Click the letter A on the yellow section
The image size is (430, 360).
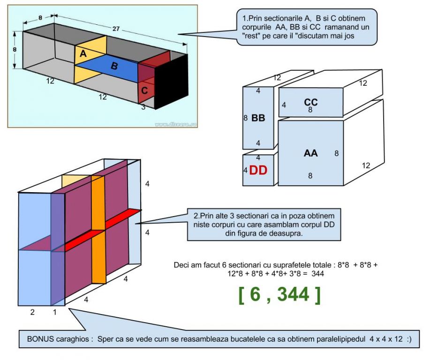[83, 54]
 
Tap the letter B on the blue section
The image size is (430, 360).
[114, 66]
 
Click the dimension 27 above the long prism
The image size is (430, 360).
[115, 29]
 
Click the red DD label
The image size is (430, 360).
[258, 171]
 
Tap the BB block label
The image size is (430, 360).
[258, 118]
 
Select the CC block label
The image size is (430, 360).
[311, 102]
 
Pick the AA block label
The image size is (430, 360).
[310, 153]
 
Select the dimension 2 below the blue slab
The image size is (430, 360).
[32, 312]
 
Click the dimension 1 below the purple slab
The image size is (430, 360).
[54, 312]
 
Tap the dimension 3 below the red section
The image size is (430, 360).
[143, 107]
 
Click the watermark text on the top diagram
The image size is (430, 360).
[175, 124]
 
